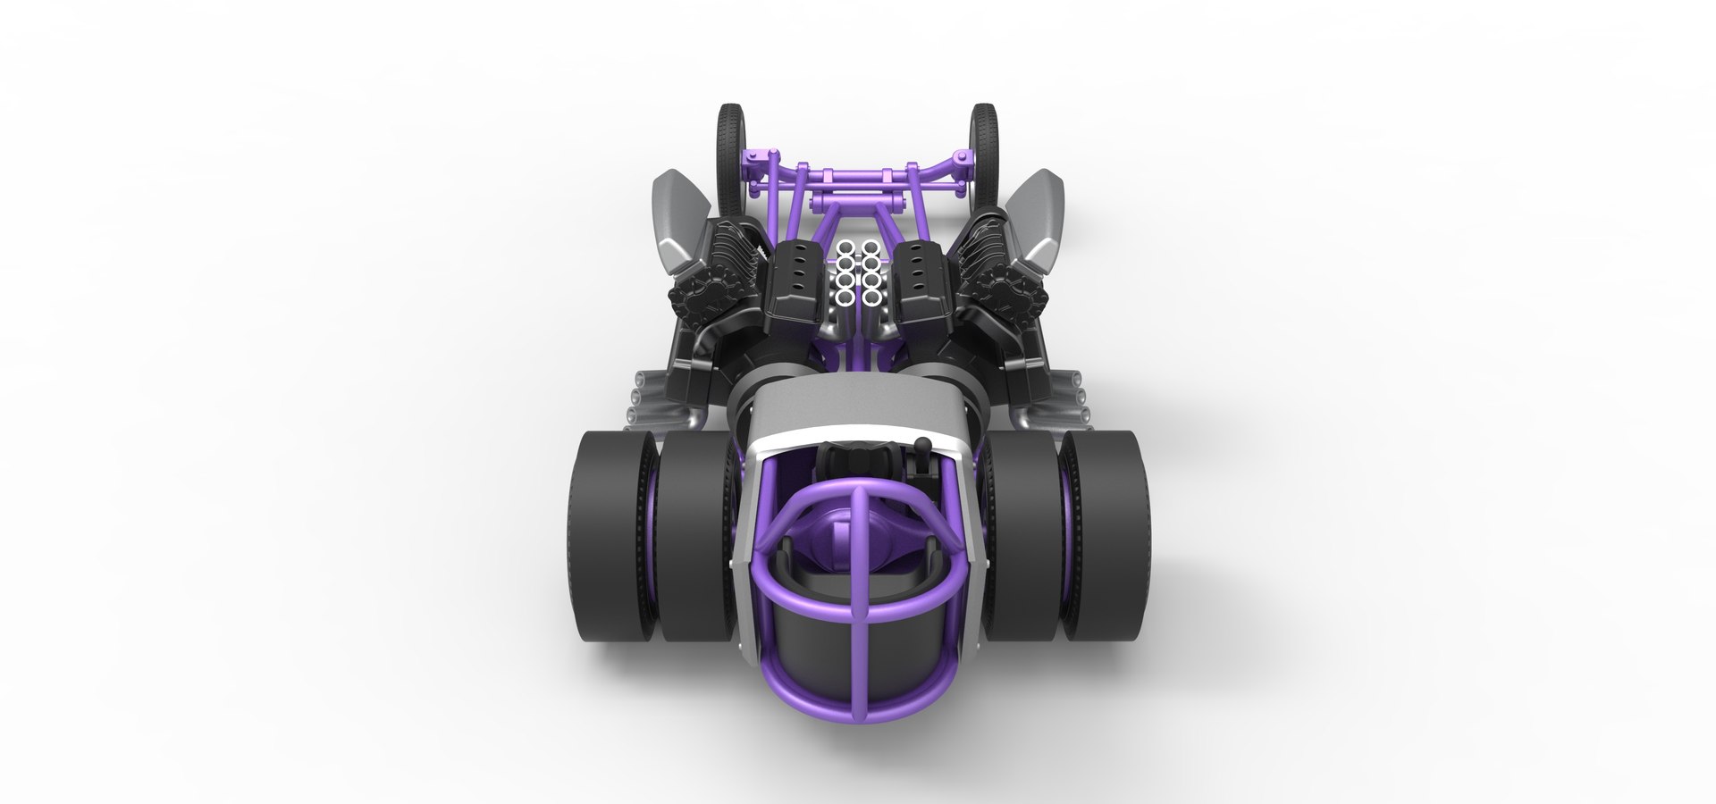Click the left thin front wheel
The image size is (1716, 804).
point(729,143)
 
